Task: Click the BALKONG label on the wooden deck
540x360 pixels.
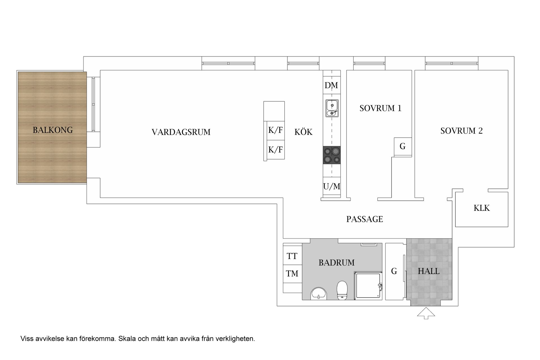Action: pyautogui.click(x=53, y=130)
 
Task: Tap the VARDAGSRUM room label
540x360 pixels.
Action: pyautogui.click(x=181, y=132)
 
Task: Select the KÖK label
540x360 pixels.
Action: pyautogui.click(x=303, y=132)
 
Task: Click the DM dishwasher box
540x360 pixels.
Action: pyautogui.click(x=331, y=85)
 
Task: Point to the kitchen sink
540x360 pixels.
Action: pyautogui.click(x=332, y=108)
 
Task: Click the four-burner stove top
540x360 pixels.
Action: pyautogui.click(x=332, y=155)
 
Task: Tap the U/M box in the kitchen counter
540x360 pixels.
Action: pyautogui.click(x=332, y=186)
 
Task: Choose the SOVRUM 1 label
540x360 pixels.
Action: pyautogui.click(x=380, y=108)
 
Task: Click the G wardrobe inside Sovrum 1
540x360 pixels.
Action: pyautogui.click(x=402, y=146)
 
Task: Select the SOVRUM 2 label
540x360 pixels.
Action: pyautogui.click(x=461, y=131)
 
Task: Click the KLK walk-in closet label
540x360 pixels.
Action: pyautogui.click(x=481, y=208)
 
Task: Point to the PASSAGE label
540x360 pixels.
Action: pyautogui.click(x=364, y=219)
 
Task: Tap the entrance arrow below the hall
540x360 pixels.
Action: pyautogui.click(x=426, y=313)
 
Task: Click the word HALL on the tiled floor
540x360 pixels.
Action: pyautogui.click(x=428, y=271)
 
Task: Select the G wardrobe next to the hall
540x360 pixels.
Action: pyautogui.click(x=394, y=271)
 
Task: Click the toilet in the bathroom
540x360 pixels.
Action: pyautogui.click(x=342, y=291)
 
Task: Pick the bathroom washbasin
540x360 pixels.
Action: pyautogui.click(x=319, y=294)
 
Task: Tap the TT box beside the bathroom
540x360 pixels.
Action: pyautogui.click(x=292, y=256)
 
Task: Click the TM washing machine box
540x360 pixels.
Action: pyautogui.click(x=292, y=273)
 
